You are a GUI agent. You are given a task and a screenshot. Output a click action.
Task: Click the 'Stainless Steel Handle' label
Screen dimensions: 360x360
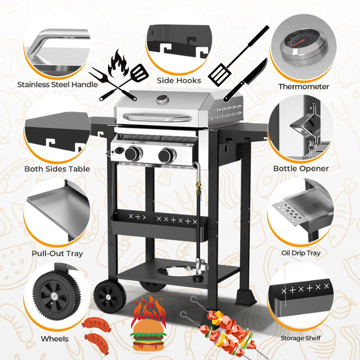pyautogui.click(x=58, y=85)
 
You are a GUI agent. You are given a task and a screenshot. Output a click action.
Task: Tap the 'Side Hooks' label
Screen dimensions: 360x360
pyautogui.click(x=179, y=81)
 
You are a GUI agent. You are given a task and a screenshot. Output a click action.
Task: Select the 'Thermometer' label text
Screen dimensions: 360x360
pyautogui.click(x=304, y=87)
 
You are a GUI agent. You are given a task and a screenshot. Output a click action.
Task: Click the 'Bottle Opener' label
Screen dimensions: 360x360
pyautogui.click(x=301, y=168)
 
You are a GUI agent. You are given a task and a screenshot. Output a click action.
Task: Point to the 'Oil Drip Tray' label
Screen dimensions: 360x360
pyautogui.click(x=301, y=253)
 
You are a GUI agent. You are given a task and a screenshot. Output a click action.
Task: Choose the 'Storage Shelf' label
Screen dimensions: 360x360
pyautogui.click(x=300, y=338)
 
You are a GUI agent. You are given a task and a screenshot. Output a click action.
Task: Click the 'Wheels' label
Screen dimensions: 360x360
pyautogui.click(x=55, y=339)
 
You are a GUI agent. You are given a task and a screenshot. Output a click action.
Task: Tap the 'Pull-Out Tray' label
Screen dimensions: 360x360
pyautogui.click(x=57, y=253)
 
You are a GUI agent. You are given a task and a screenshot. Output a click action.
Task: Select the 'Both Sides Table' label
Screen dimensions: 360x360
pyautogui.click(x=57, y=169)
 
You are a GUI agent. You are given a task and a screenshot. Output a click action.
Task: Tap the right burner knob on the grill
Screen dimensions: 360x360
pyautogui.click(x=168, y=155)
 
